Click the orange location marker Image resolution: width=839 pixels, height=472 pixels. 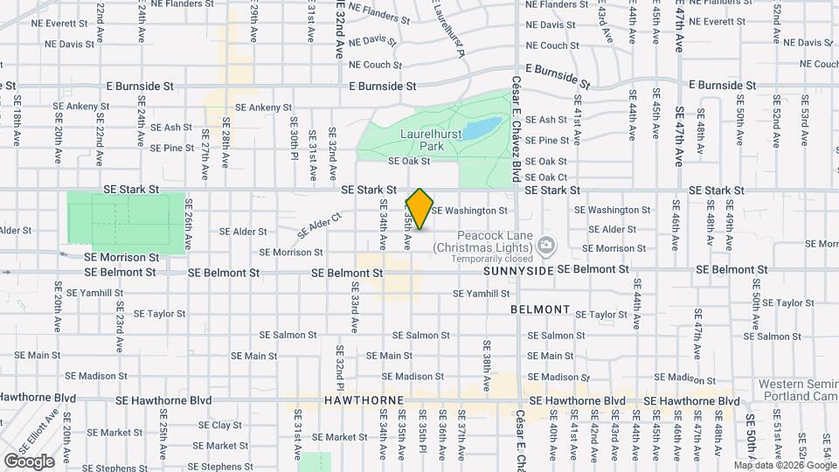point(419,208)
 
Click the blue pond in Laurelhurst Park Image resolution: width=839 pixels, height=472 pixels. point(482,129)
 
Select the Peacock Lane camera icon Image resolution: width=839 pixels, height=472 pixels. point(546,246)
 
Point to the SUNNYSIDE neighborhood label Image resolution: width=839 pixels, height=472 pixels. point(517,272)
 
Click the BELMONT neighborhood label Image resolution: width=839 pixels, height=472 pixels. point(541,310)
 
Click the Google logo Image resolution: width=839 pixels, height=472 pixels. point(29,461)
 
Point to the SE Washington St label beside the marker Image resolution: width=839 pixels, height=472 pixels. point(469,211)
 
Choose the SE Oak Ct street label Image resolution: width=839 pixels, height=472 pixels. point(547,177)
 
